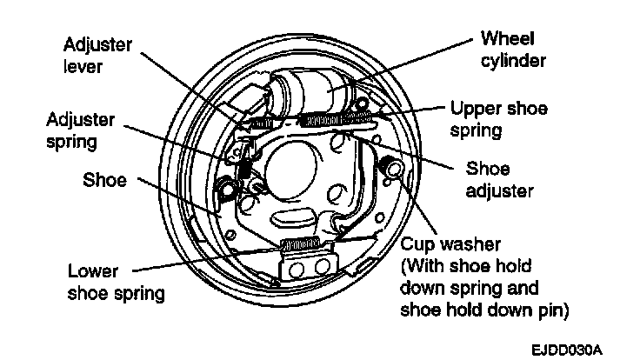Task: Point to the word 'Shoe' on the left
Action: coord(104,181)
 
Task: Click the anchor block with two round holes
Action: coord(308,264)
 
